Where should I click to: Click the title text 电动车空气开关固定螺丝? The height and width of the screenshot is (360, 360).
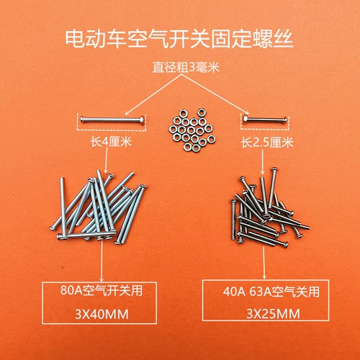point(179,39)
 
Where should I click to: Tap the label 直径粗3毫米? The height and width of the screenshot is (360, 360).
point(186,67)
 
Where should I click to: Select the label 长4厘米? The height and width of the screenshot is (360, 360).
point(111,142)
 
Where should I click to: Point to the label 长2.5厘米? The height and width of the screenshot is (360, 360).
point(267,143)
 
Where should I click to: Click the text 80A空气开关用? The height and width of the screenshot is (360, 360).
point(102,290)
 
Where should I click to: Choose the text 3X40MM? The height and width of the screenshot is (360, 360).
point(102,314)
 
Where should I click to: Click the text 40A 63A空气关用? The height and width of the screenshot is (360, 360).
point(271,292)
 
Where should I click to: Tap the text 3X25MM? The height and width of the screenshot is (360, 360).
point(273,314)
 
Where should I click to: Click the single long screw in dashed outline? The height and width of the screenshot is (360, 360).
point(112,120)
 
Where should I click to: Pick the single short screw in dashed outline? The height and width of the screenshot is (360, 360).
point(264,119)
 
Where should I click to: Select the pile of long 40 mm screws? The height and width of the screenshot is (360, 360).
point(99,207)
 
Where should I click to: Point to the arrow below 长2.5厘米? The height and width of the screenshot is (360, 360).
point(263,162)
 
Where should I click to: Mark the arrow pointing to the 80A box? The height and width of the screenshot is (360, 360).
point(102,261)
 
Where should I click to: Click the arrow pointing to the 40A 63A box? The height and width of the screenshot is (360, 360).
point(264,263)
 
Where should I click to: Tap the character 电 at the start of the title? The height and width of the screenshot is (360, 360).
point(75,39)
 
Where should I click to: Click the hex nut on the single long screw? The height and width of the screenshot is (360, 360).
point(142,120)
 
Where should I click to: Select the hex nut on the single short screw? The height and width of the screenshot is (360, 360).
point(246,119)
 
